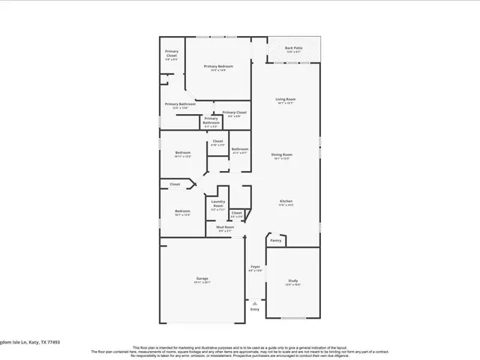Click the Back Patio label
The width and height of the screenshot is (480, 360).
tap(293, 49)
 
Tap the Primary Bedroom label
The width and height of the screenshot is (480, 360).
tap(218, 66)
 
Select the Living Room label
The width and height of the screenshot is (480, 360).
tap(285, 99)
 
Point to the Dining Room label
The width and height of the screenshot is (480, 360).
tap(281, 154)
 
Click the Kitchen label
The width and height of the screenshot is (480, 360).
tap(286, 201)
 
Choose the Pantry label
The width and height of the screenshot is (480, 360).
tap(276, 241)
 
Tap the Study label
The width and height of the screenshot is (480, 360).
tap(292, 280)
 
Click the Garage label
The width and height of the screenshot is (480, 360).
tap(202, 278)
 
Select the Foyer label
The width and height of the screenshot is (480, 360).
tap(255, 266)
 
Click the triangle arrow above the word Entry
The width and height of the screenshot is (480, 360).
tap(255, 303)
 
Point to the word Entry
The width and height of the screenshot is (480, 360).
tap(255, 309)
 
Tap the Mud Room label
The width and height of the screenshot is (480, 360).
tap(225, 227)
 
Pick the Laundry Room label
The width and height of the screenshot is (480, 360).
tap(218, 203)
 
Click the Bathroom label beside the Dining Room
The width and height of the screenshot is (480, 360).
tap(239, 148)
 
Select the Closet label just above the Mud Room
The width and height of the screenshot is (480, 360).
tap(236, 212)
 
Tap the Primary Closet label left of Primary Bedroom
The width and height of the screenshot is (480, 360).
tap(172, 53)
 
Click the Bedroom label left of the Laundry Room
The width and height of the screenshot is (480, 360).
tap(182, 211)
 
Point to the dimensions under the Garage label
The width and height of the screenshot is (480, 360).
tap(202, 283)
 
